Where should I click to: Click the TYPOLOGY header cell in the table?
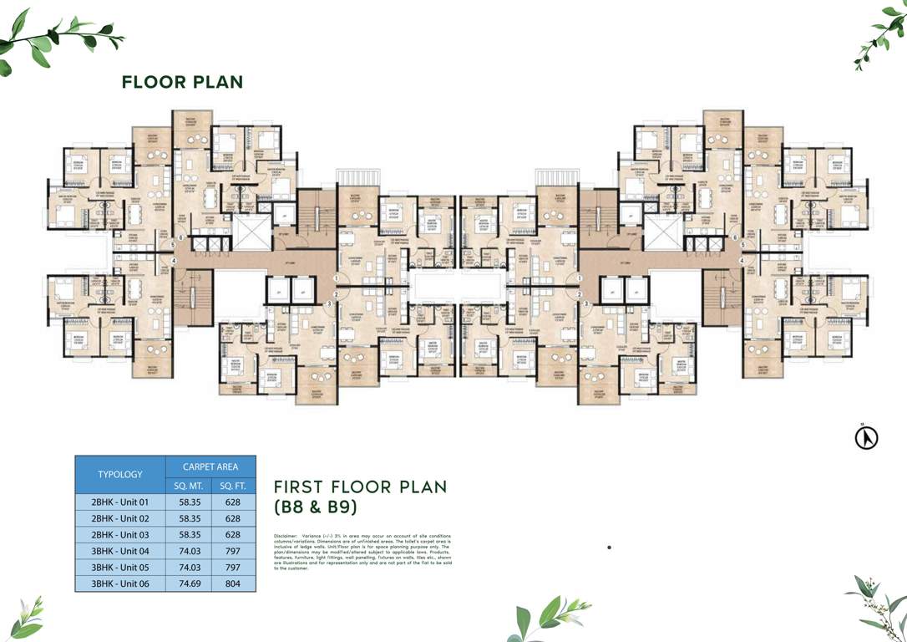click(120, 474)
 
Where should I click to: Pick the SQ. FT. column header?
click(233, 486)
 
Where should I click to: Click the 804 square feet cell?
click(233, 583)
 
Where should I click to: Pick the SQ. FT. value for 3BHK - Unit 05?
click(233, 567)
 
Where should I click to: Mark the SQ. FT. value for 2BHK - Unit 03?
click(233, 534)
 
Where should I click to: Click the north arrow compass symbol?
click(867, 437)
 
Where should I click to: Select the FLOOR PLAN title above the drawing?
click(182, 82)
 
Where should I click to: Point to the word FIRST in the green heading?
click(301, 487)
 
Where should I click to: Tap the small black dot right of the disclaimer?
click(610, 548)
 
